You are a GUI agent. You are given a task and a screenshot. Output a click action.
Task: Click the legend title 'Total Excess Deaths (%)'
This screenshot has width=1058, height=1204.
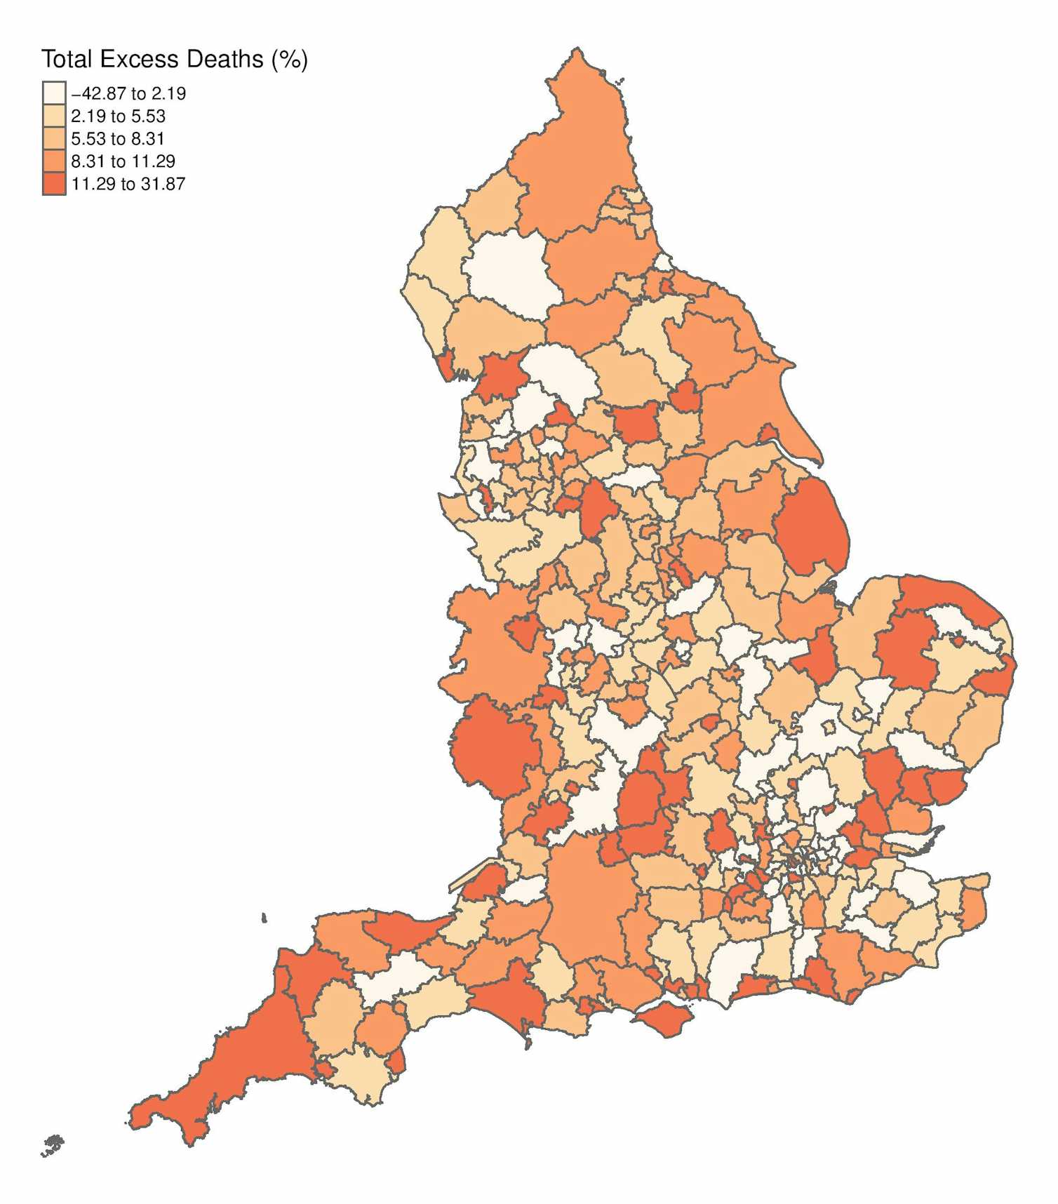[174, 60]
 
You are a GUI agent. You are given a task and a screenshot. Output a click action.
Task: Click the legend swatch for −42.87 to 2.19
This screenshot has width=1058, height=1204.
[54, 93]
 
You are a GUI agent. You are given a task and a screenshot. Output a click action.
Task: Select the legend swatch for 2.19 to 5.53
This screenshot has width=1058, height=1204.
[54, 116]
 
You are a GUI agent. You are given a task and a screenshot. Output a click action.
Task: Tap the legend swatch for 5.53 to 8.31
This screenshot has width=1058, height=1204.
[54, 138]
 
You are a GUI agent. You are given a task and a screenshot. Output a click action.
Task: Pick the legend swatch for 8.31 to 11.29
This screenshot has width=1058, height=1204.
[54, 161]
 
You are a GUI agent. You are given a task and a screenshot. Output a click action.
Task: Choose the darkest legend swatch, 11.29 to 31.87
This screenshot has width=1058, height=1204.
[54, 184]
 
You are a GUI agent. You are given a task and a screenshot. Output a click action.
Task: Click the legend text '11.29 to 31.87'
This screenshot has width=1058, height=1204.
[128, 184]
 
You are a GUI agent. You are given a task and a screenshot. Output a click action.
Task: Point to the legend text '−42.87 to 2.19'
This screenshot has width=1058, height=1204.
[128, 93]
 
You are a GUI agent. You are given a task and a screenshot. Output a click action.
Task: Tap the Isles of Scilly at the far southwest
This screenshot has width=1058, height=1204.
[52, 1145]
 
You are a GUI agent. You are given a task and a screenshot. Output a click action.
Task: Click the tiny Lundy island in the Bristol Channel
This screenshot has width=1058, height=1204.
[264, 918]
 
